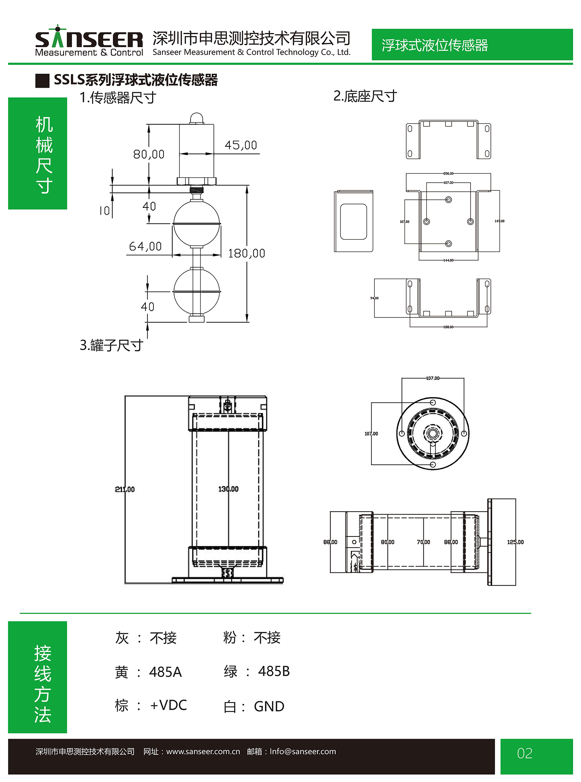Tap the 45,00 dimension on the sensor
click(241, 145)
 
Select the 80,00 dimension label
click(149, 154)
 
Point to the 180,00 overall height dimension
click(246, 253)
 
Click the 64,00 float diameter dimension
click(145, 246)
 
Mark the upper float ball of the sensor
click(196, 224)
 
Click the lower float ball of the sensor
click(196, 291)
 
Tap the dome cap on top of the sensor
click(196, 118)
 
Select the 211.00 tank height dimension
click(125, 489)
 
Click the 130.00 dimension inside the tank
click(228, 489)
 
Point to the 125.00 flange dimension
click(515, 542)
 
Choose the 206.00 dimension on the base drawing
click(449, 174)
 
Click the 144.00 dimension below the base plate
click(449, 260)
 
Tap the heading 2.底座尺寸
click(365, 96)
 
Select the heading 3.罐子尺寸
click(111, 345)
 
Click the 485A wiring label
click(165, 672)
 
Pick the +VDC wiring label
click(168, 705)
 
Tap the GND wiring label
click(269, 707)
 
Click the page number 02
click(524, 753)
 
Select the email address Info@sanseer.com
click(302, 751)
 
